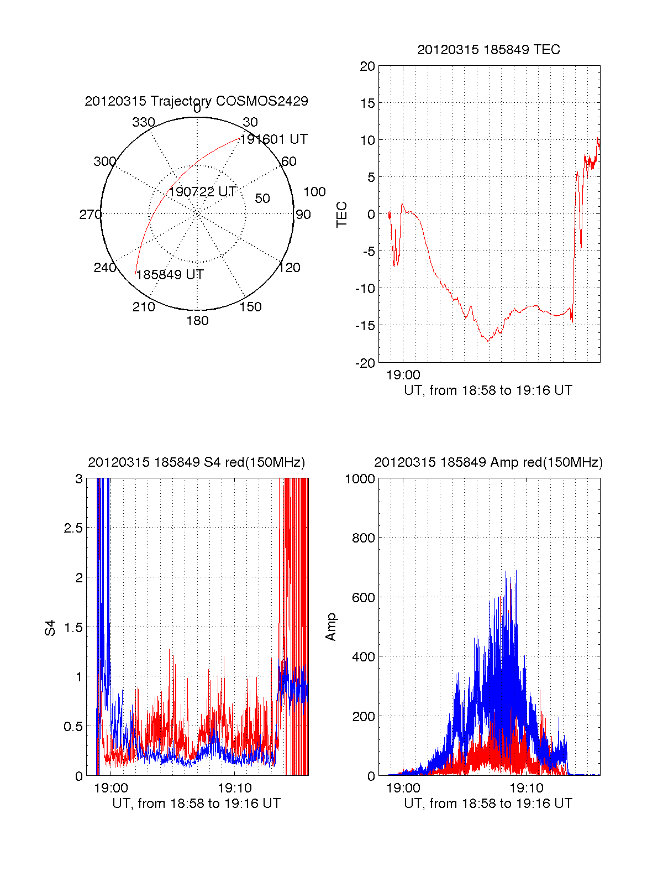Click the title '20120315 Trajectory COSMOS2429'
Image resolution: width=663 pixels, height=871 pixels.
pos(196,101)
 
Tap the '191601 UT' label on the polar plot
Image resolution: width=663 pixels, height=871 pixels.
pos(274,139)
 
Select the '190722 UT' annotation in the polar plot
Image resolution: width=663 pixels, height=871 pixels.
pos(202,192)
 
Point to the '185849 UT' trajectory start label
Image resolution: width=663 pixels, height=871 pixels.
pos(170,275)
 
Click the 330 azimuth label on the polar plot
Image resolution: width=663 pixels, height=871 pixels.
pos(143,122)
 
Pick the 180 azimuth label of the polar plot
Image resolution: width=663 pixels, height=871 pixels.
pos(197,321)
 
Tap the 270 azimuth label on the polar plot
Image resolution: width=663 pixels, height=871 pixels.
pos(90,215)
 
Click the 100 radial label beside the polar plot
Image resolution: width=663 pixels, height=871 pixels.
pos(314,192)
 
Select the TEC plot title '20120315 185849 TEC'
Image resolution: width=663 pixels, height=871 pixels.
pos(488,50)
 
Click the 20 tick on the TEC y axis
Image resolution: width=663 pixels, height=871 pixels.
pos(367,66)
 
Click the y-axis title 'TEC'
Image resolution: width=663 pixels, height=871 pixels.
pos(342,215)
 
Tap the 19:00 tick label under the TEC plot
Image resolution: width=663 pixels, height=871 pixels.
pos(403,375)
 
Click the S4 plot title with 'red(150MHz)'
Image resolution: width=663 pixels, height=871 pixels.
pos(196,462)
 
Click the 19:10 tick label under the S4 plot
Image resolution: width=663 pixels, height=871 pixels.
pos(235,788)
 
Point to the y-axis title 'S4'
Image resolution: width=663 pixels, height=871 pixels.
pos(50,628)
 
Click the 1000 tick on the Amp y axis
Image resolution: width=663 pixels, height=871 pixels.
pos(360,478)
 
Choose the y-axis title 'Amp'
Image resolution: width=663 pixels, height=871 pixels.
pos(331,627)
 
